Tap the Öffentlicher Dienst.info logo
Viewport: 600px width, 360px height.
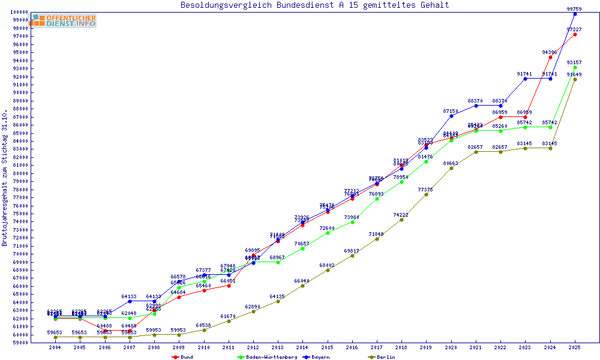coord(64,21)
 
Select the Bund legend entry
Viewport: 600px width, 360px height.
coord(187,357)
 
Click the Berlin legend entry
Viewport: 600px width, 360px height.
coord(386,357)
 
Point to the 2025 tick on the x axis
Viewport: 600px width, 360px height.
coord(575,347)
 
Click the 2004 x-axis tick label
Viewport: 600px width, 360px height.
coord(55,347)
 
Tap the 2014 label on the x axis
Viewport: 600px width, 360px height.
coord(302,347)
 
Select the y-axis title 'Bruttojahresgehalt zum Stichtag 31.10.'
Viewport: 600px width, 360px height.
coord(5,178)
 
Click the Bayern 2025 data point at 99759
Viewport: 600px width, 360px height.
coord(575,14)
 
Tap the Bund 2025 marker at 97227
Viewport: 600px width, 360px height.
coord(575,34)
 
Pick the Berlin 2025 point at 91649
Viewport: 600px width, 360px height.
coord(575,79)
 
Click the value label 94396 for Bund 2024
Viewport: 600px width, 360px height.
coord(550,52)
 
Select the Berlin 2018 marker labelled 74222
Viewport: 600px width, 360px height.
coord(401,220)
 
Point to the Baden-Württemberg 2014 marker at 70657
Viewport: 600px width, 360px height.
coord(302,248)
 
